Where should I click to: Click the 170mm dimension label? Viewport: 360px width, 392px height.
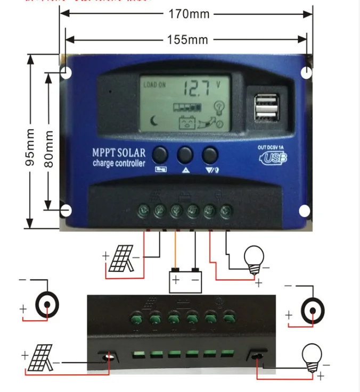click(x=189, y=14)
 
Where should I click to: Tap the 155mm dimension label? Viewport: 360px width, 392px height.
click(x=187, y=39)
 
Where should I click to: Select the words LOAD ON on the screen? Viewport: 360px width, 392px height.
click(x=154, y=85)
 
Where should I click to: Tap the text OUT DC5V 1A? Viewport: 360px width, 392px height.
click(x=272, y=147)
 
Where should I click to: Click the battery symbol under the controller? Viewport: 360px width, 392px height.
click(x=185, y=280)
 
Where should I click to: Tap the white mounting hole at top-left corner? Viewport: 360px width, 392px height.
click(x=66, y=73)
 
